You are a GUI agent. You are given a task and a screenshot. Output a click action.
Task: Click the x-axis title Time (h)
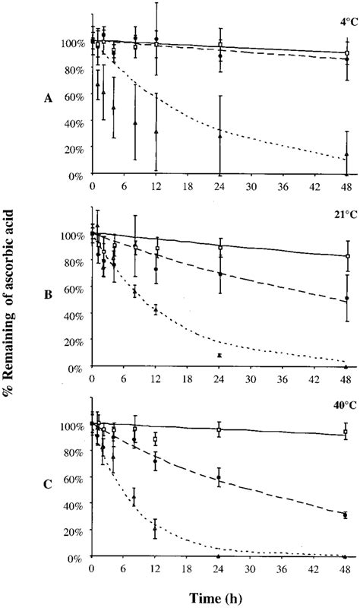coord(218,595)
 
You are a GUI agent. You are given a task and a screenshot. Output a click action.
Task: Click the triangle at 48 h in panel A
coord(346,155)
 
